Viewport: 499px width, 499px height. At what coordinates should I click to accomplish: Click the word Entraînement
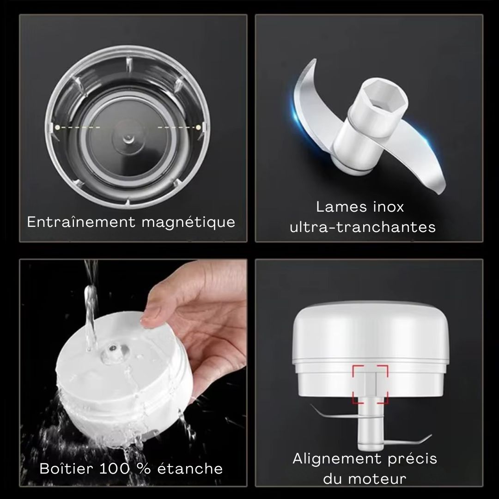point(81,222)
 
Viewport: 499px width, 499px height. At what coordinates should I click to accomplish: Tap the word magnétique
point(189,222)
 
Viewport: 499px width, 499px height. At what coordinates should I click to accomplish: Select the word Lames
point(337,207)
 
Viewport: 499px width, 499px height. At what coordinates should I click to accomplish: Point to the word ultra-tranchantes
point(363,227)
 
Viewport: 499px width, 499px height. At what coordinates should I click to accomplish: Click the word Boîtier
point(66,469)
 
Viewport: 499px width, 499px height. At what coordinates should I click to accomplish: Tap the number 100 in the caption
point(115,469)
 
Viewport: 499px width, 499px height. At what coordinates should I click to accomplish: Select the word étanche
point(190,469)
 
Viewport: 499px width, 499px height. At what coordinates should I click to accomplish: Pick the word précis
point(413,459)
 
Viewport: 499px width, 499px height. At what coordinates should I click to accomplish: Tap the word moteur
point(377,479)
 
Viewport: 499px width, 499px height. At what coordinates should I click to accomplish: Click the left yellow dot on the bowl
point(57,128)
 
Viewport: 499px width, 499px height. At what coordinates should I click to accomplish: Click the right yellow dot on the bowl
point(198,128)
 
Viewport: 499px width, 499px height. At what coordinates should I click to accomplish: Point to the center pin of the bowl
point(128,138)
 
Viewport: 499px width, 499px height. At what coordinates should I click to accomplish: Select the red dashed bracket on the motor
point(370,385)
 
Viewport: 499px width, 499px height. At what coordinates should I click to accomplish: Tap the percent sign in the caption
point(143,469)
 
